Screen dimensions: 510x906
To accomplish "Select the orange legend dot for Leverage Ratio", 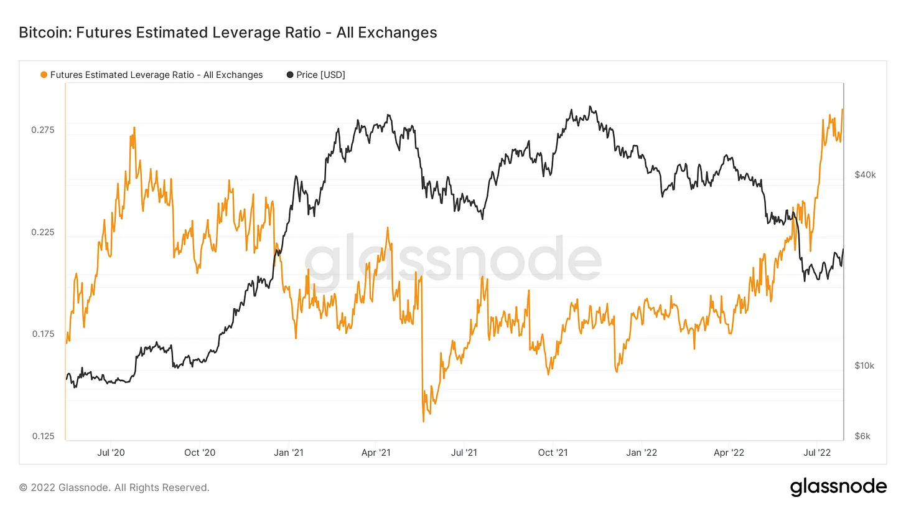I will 44,75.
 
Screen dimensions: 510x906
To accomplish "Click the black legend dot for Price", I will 290,75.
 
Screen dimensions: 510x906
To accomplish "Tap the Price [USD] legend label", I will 320,75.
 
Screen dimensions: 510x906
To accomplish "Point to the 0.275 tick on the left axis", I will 42,130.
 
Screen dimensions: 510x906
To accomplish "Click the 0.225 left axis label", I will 42,232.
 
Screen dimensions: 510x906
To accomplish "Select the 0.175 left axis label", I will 42,334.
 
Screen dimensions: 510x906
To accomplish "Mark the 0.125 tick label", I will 42,437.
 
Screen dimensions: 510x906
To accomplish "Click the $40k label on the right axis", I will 865,175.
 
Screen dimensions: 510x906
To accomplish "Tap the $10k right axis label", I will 864,366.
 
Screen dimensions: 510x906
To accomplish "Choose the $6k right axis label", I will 862,437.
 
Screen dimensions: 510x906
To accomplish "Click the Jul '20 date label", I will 111,452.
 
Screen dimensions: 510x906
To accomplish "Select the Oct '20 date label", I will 200,452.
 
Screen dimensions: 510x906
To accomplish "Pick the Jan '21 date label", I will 289,452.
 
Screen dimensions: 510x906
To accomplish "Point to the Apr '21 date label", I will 376,452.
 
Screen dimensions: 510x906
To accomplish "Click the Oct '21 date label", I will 553,452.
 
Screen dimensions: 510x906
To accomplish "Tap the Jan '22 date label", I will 642,452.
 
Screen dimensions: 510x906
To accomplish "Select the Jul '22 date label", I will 817,452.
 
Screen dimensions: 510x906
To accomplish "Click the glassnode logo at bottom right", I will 838,487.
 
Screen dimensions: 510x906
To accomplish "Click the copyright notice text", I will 114,488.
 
